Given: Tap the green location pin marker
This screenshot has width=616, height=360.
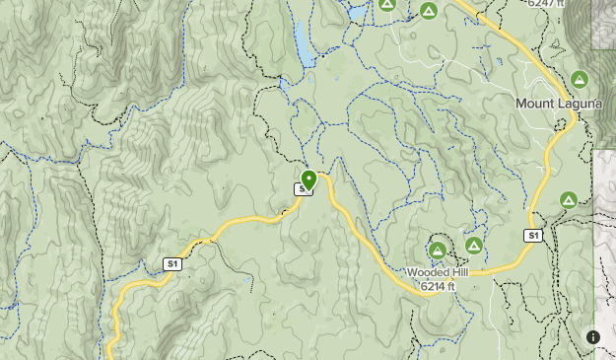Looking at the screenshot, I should coord(308,180).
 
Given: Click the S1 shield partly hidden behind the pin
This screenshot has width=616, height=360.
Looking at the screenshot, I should coord(302,188).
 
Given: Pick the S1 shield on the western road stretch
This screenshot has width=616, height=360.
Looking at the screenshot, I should coord(172,263).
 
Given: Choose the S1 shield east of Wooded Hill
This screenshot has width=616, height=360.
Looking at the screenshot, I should coord(532,236).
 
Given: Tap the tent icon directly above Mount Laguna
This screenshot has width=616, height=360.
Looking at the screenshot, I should coord(580,79).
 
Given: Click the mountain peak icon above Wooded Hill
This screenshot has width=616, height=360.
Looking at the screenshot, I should coord(438,251).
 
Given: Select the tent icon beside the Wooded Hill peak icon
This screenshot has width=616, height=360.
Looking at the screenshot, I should coord(473,245).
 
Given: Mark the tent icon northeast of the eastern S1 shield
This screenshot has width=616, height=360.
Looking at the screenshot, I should coord(568,200).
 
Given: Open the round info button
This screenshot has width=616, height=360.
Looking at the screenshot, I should coord(593,337).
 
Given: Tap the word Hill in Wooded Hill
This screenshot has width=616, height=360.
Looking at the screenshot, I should coord(455,272).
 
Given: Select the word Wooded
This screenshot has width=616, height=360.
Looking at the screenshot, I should coord(425,272).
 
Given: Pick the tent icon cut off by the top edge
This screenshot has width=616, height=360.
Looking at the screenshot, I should coord(388,4).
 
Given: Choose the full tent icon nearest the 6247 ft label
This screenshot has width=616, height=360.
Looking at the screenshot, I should coord(429,11).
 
